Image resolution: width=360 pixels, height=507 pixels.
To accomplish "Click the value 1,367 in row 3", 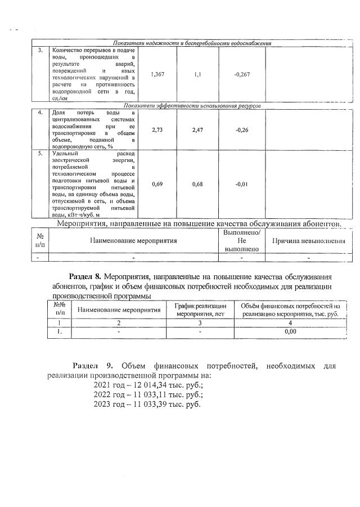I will (x=157, y=74).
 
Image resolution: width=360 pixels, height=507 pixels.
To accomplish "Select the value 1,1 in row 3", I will (x=197, y=74).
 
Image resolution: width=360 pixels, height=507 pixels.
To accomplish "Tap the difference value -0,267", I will (x=242, y=74).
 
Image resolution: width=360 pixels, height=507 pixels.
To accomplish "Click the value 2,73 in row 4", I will (x=157, y=129).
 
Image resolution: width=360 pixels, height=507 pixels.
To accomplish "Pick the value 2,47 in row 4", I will (x=197, y=129).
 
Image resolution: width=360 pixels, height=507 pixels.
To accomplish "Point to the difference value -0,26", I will (x=241, y=129).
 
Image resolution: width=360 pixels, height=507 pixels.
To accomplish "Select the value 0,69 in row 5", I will (x=157, y=184).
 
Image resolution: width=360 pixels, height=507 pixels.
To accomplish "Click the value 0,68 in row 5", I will (x=197, y=184).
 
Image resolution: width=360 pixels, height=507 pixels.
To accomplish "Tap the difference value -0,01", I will (x=241, y=184).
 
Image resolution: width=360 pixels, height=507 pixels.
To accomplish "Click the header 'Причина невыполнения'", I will (x=308, y=240).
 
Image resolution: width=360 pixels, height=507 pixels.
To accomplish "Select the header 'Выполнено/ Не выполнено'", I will (x=241, y=240).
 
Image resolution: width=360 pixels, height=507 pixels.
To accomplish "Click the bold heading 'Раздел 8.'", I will (x=84, y=277).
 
